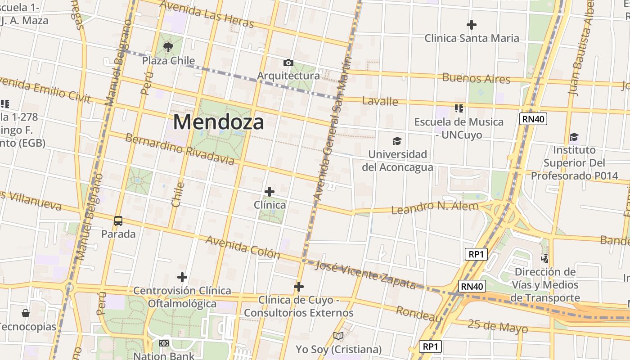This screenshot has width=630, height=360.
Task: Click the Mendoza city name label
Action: (x=218, y=122)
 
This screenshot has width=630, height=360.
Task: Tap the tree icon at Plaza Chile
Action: (x=168, y=47)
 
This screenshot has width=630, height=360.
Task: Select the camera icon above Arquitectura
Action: (x=288, y=63)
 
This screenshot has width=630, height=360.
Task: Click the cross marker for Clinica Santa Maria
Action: (x=472, y=25)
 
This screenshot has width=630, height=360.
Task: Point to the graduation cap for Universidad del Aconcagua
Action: (x=397, y=141)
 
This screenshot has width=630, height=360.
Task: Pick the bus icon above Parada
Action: (x=118, y=221)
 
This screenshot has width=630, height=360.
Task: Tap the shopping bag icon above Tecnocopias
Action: (x=26, y=313)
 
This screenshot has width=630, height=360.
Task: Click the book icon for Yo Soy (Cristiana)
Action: (x=338, y=336)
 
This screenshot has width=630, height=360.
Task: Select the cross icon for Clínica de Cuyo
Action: (x=299, y=287)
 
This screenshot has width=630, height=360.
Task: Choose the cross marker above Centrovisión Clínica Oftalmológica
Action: (x=182, y=277)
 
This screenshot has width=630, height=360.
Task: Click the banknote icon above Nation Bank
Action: (x=164, y=343)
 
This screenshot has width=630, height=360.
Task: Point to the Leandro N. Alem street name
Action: (x=435, y=207)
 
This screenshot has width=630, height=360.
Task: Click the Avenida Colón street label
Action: (x=243, y=247)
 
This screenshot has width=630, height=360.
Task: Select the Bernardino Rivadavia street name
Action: (x=180, y=149)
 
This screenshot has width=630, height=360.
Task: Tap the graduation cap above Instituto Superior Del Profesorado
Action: (x=574, y=137)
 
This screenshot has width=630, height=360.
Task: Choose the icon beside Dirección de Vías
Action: (x=545, y=259)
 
